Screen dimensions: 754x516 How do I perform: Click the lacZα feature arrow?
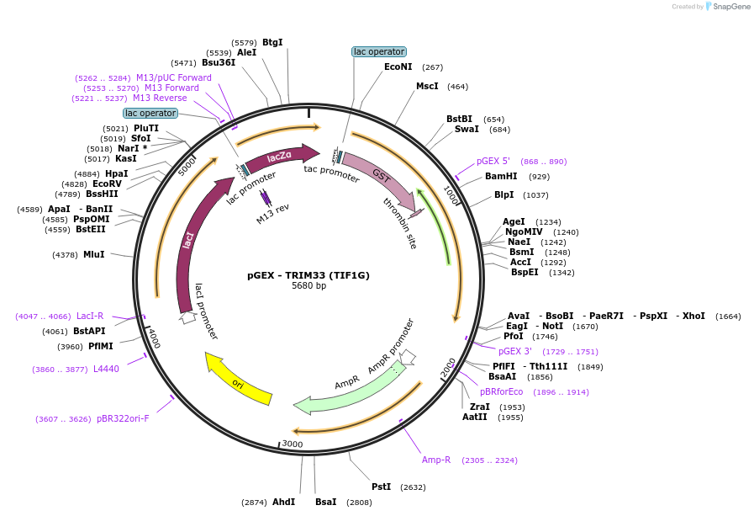pos(282,157)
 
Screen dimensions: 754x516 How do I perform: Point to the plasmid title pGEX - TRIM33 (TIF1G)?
pos(308,275)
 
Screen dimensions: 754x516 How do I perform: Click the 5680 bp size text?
pos(308,285)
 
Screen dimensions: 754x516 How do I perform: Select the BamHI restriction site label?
pos(501,176)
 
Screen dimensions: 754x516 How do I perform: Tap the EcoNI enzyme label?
pos(398,66)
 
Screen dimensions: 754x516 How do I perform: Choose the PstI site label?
pos(382,487)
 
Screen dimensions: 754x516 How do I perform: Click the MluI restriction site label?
pos(94,254)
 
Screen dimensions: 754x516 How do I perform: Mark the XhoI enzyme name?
pos(693,316)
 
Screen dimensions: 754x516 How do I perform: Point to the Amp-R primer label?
pos(436,460)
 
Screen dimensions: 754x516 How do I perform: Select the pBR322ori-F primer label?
pos(123,418)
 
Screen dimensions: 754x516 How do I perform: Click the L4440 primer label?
pos(106,369)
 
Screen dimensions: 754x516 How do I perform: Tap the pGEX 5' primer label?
pos(493,162)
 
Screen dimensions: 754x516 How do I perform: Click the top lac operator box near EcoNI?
pos(379,51)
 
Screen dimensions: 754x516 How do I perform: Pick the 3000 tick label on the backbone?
pos(293,444)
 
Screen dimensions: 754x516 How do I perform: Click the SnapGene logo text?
pos(731,6)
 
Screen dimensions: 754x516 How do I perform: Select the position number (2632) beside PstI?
pos(413,487)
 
